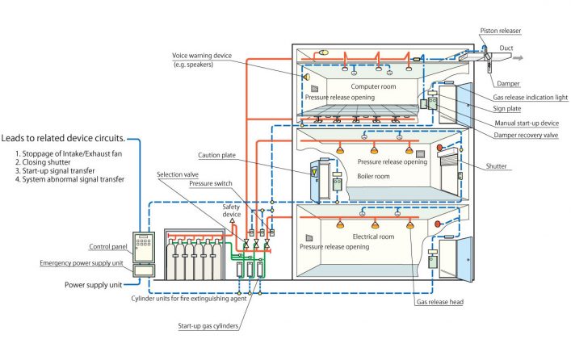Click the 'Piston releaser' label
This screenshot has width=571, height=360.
pyautogui.click(x=500, y=31)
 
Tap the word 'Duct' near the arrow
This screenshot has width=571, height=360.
pyautogui.click(x=506, y=48)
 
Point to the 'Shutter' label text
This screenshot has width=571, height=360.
pyautogui.click(x=526, y=166)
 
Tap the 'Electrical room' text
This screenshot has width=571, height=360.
pyautogui.click(x=374, y=237)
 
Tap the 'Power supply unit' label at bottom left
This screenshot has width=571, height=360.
pyautogui.click(x=94, y=285)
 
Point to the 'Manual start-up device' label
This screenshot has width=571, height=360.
pyautogui.click(x=526, y=122)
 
